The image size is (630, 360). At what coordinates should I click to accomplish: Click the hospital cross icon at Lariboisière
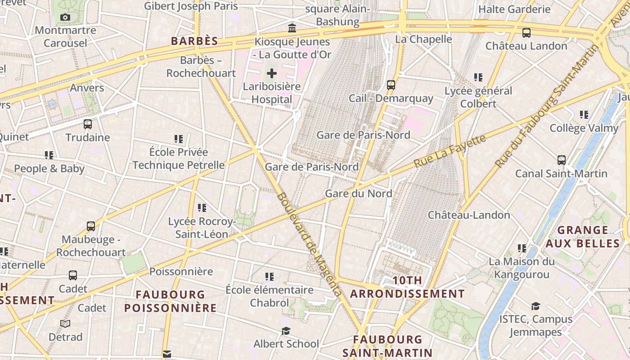click(x=272, y=73)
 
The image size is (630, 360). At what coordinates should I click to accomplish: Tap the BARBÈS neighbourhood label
click(x=194, y=41)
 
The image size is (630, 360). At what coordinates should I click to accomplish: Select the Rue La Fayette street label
click(x=450, y=150)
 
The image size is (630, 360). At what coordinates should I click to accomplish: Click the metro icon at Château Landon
click(x=526, y=33)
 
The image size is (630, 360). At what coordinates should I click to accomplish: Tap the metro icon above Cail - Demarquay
click(x=391, y=85)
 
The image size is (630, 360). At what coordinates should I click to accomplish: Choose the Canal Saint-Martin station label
click(x=561, y=173)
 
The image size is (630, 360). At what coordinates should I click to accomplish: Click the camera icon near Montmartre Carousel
click(x=65, y=18)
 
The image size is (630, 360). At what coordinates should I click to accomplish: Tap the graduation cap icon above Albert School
click(x=286, y=331)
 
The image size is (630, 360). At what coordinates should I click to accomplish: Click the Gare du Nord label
click(x=358, y=193)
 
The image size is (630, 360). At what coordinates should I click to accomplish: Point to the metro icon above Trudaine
click(x=88, y=124)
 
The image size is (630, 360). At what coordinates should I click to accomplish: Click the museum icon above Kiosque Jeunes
click(x=292, y=28)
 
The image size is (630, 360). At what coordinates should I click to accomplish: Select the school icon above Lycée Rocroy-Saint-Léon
click(x=202, y=207)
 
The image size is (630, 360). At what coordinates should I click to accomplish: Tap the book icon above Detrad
click(x=65, y=324)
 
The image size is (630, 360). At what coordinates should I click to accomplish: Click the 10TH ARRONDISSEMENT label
click(x=407, y=287)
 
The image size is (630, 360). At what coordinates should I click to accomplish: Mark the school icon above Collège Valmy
click(x=584, y=115)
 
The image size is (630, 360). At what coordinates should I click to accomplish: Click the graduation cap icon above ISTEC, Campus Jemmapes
click(x=535, y=306)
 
